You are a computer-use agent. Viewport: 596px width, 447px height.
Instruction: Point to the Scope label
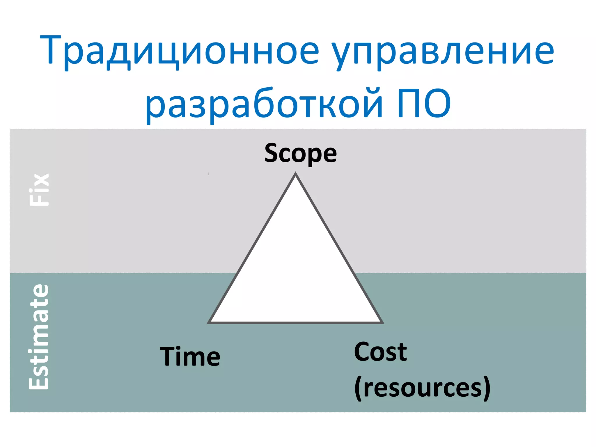(300, 153)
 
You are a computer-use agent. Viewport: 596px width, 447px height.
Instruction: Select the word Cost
(380, 352)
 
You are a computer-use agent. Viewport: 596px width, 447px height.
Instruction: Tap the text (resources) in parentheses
(422, 387)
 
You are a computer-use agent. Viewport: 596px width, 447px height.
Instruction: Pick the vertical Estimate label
(39, 337)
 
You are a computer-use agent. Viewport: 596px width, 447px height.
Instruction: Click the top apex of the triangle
(295, 174)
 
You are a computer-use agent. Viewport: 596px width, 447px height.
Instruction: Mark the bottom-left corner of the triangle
(209, 322)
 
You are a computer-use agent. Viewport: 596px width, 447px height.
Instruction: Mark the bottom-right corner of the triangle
(382, 322)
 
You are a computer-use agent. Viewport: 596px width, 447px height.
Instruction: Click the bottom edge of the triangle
(295, 322)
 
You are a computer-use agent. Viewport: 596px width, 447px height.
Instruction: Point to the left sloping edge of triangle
(252, 248)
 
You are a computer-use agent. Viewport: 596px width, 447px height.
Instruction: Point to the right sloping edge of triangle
(339, 248)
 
